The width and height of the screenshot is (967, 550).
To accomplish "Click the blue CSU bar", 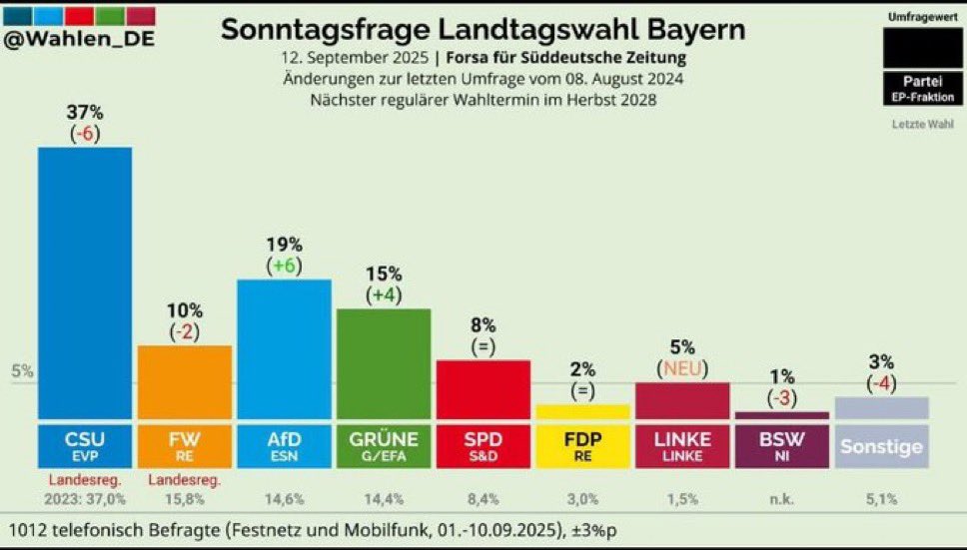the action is [x=85, y=283].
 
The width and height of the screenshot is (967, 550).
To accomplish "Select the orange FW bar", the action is [x=185, y=382].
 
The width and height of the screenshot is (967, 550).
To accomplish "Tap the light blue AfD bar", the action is [x=285, y=349].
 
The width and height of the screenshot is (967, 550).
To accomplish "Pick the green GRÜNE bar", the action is [x=384, y=364].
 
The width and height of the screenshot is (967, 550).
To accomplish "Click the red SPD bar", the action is [x=483, y=390].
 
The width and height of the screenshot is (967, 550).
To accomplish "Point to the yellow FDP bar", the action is [x=582, y=412].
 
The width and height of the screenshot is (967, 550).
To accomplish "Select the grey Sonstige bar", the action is [x=882, y=408].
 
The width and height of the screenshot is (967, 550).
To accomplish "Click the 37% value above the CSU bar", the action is [x=85, y=113].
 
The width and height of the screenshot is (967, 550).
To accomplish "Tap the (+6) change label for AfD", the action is [x=285, y=267].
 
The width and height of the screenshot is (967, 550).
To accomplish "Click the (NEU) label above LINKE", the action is [x=682, y=369].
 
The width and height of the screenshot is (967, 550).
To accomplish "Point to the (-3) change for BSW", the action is [x=782, y=398].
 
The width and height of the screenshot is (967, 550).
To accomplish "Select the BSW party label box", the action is [x=782, y=446].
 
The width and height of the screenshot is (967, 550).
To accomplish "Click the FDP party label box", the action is [x=582, y=446].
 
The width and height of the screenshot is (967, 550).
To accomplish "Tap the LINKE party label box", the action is [x=682, y=446].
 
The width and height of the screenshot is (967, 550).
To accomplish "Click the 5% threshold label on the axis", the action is [x=22, y=371].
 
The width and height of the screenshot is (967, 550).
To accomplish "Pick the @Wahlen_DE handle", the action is [x=79, y=38].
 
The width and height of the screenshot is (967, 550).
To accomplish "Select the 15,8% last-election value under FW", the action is [x=185, y=499].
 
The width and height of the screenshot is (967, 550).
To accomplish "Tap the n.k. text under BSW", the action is [x=782, y=499].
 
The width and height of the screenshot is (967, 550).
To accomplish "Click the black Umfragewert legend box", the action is [x=923, y=48].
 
